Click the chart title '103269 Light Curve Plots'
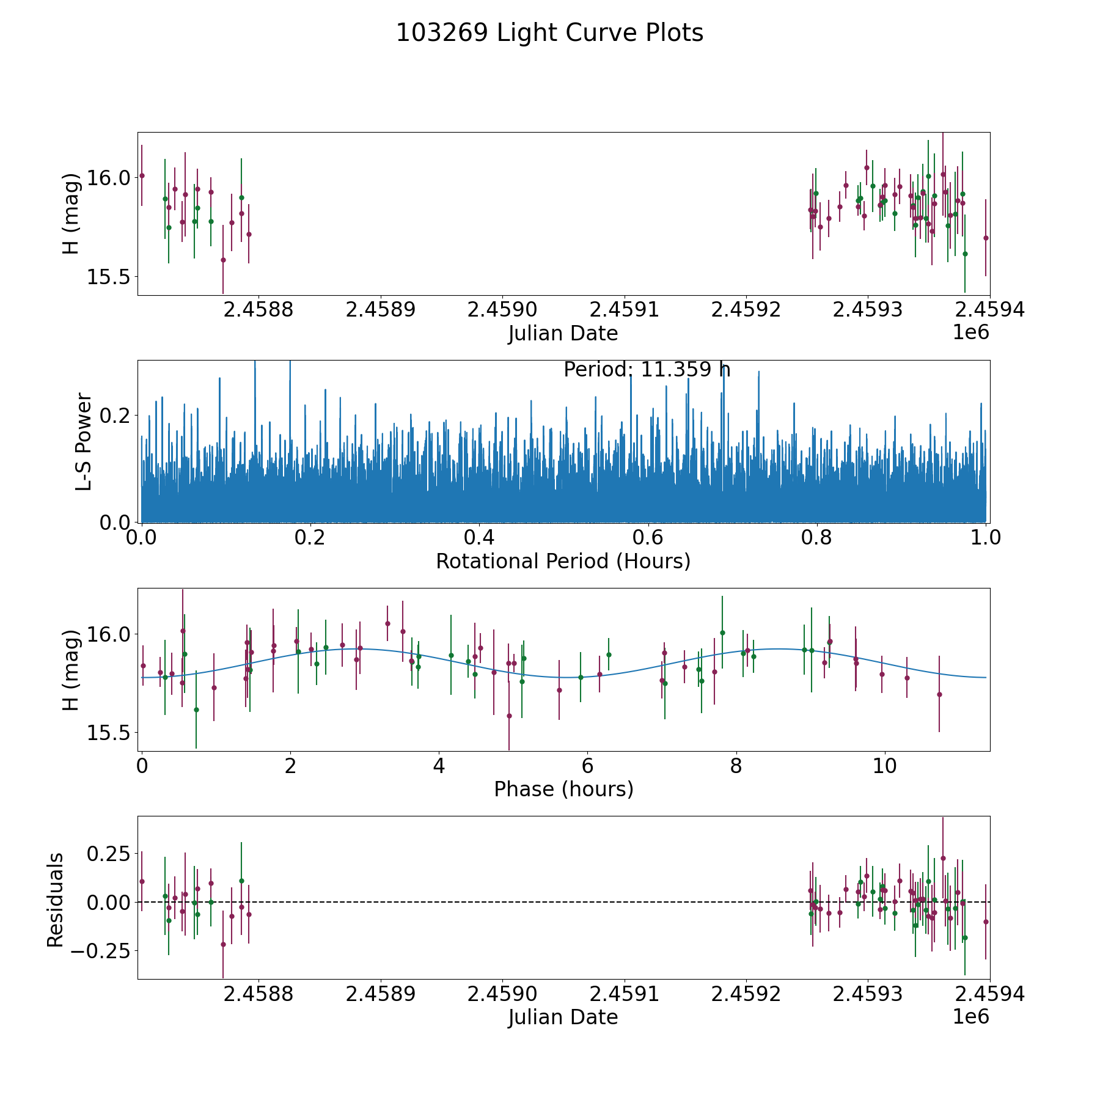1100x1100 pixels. click(x=549, y=33)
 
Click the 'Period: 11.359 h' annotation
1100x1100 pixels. click(x=647, y=370)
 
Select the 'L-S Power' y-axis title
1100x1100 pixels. click(x=84, y=441)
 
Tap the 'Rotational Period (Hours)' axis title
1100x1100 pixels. click(x=563, y=561)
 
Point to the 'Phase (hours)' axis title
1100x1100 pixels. click(x=563, y=789)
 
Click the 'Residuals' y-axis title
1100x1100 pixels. click(x=55, y=900)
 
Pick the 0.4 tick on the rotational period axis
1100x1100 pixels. click(x=479, y=538)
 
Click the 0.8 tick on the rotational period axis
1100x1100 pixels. click(x=817, y=538)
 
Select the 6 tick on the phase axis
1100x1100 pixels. click(x=587, y=766)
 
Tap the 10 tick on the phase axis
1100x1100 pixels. click(x=884, y=766)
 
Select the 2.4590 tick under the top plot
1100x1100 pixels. click(x=502, y=310)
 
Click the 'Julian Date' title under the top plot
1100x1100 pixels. click(x=563, y=334)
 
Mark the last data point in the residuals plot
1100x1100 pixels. click(x=986, y=922)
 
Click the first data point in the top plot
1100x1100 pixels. click(x=142, y=175)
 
